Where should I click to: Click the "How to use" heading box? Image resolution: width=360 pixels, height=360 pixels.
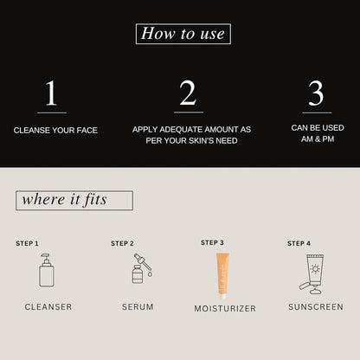point(183,34)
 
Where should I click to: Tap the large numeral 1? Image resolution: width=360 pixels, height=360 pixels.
point(51,93)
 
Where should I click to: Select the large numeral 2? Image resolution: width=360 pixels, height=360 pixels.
point(188,93)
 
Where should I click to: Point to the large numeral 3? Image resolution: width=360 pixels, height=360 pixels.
point(316,93)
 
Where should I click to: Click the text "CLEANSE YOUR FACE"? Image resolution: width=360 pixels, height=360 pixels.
point(55,131)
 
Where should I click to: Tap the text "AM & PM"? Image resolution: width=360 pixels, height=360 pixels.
point(318,139)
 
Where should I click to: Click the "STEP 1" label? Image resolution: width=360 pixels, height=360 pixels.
point(27,243)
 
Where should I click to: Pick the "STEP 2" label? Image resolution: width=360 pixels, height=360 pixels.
point(122,243)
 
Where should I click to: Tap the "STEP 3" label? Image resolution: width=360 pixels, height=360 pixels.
point(212,242)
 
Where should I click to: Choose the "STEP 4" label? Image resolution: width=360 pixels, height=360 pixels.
point(299,243)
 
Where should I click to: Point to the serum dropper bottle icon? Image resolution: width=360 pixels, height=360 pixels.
point(142,268)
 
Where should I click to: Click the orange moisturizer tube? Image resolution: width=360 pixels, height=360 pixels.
point(222,276)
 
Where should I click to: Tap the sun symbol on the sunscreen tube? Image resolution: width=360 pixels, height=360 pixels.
point(315,269)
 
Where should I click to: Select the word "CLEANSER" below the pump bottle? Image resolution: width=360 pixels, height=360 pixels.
point(48,307)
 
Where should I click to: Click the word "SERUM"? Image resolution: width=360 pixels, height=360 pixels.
point(138,307)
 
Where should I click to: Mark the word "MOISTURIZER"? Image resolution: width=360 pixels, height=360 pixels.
point(225,309)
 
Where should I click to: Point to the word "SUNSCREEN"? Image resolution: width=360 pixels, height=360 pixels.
point(316,307)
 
